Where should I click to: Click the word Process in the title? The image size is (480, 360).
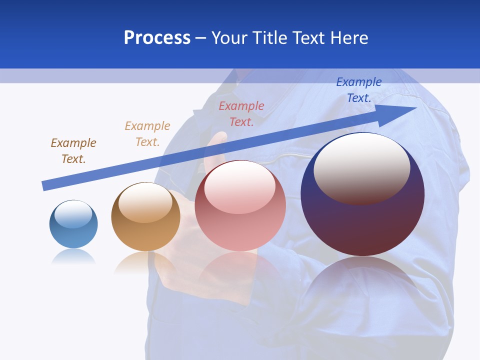157,38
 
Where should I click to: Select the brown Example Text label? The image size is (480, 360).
73,150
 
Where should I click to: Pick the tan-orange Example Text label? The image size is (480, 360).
147,133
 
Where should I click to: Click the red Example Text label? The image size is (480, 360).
241,113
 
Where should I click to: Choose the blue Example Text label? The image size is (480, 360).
359,89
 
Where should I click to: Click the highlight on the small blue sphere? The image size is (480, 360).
73,214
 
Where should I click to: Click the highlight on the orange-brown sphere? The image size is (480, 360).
145,202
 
